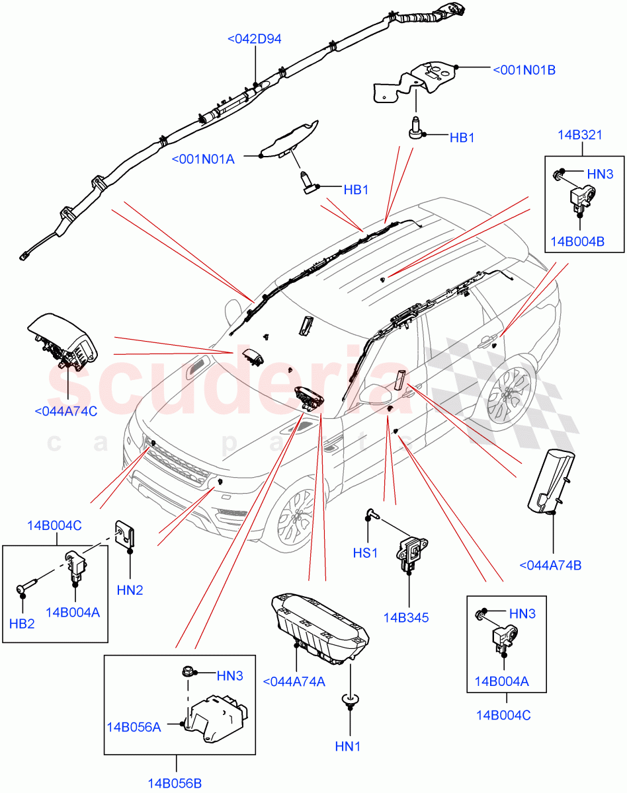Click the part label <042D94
pyautogui.click(x=254, y=39)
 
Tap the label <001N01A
pyautogui.click(x=203, y=159)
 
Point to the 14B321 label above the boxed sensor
pyautogui.click(x=579, y=135)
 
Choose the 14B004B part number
pyautogui.click(x=582, y=241)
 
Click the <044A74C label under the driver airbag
pyautogui.click(x=65, y=411)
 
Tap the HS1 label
pyautogui.click(x=365, y=552)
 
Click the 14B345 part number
pyautogui.click(x=405, y=618)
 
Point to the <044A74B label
pyautogui.click(x=550, y=565)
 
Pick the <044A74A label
pyautogui.click(x=294, y=682)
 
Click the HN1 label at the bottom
pyautogui.click(x=348, y=747)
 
